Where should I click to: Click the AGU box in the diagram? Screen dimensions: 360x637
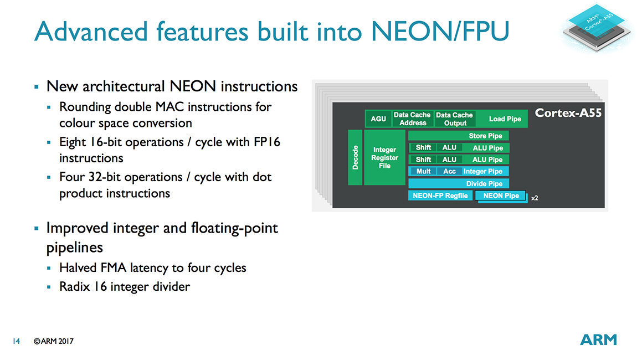[378, 119]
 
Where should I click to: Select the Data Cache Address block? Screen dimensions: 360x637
[413, 119]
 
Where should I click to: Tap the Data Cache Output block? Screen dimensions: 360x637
[455, 119]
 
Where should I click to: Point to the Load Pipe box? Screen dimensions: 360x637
[505, 119]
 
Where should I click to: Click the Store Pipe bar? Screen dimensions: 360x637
[459, 136]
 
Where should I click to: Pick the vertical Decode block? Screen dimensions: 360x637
[355, 158]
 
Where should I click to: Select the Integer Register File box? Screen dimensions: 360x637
[384, 158]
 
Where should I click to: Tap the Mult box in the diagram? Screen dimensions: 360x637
[423, 172]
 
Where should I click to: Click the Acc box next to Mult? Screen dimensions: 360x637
[449, 172]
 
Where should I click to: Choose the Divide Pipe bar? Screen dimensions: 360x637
[459, 183]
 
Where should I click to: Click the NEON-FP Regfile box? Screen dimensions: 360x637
[440, 196]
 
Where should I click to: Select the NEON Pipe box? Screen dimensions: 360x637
[501, 196]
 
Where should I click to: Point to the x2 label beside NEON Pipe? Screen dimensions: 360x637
[535, 198]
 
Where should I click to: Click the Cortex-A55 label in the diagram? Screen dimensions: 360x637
[568, 114]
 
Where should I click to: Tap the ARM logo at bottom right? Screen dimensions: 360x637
[598, 340]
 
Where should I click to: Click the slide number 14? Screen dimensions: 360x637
[16, 341]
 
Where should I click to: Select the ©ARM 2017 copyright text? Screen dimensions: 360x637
[53, 341]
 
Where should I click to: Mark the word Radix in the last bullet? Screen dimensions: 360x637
[74, 287]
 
